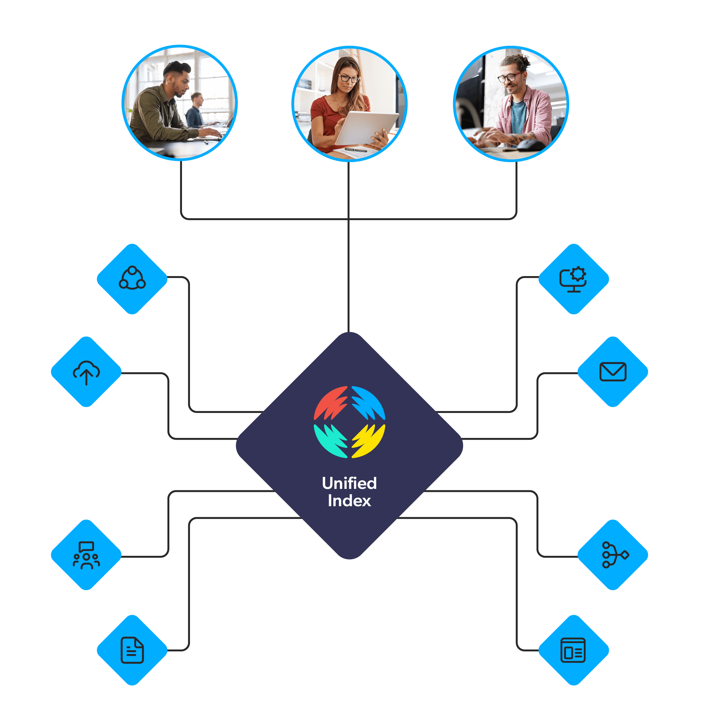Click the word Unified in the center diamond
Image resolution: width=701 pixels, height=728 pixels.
pos(349,483)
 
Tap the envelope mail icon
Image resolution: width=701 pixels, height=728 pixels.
pos(613,372)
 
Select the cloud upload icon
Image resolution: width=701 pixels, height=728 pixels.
pos(86,372)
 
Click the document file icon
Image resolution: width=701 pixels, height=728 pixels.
pos(132,650)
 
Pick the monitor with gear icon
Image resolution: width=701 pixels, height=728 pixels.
pos(573,279)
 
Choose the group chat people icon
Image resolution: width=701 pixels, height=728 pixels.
pos(86,555)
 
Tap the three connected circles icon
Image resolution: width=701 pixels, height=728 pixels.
pos(132,278)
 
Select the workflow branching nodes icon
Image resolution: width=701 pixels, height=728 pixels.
pos(614,555)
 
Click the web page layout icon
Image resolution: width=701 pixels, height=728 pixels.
pos(573,650)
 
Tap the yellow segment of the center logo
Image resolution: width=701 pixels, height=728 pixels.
pos(369,441)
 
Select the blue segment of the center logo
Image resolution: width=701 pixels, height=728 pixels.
pos(369,403)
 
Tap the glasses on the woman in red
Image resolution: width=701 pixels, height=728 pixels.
pos(349,79)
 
